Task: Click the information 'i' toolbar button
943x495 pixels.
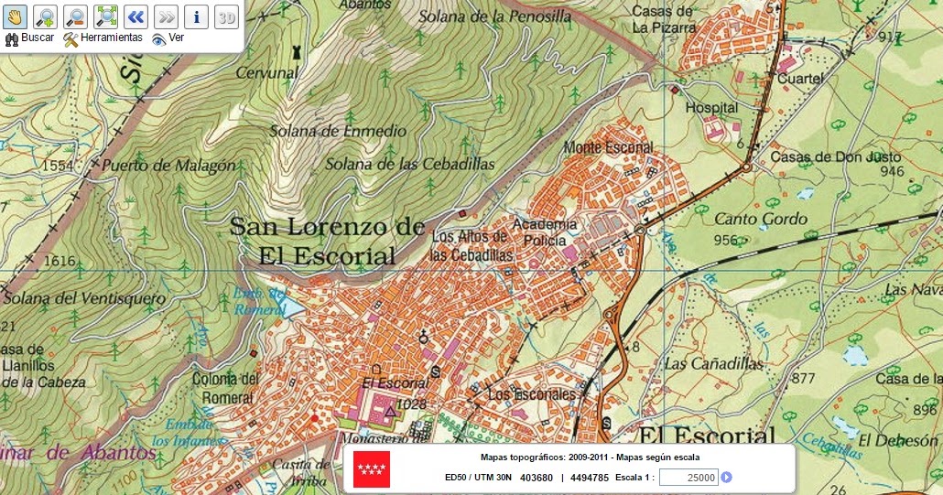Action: point(196,16)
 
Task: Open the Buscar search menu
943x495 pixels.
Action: point(30,38)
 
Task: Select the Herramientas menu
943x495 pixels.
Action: point(103,38)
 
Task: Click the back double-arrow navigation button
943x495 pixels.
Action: point(135,16)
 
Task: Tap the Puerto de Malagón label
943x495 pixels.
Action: point(168,167)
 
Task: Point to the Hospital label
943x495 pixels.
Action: point(711,108)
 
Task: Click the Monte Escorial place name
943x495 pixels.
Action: point(608,147)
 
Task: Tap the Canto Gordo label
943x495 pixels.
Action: point(761,219)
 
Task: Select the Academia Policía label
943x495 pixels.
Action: point(545,232)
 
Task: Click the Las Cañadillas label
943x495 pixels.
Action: point(714,363)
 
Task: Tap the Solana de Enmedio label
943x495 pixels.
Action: point(338,131)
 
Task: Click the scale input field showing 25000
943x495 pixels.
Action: point(688,477)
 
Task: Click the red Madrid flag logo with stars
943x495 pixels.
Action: point(372,469)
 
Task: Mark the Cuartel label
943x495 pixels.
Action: point(800,79)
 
